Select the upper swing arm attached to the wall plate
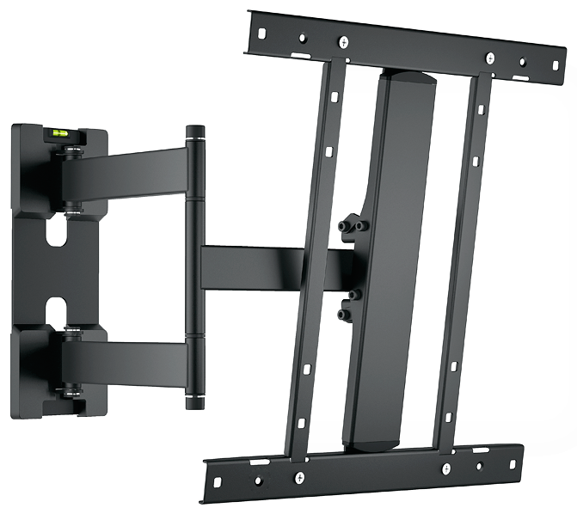tap(138, 168)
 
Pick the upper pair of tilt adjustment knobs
tap(353, 226)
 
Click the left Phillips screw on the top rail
tap(343, 41)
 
